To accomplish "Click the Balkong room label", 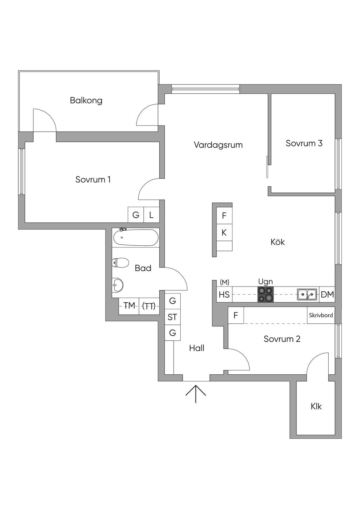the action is (x=86, y=101).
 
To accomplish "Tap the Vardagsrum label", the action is (x=218, y=145).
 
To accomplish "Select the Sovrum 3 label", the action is (x=304, y=143).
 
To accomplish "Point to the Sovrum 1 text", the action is (x=93, y=180).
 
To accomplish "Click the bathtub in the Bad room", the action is (x=135, y=238).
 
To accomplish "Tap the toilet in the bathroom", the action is (x=121, y=263).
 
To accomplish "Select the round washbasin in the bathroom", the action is (x=118, y=285).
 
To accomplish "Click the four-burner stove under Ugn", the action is (x=265, y=294).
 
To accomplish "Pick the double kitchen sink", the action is (x=307, y=295).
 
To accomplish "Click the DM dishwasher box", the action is (x=327, y=295).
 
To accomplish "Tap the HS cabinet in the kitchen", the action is (x=224, y=295).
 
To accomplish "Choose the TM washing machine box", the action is (x=129, y=306).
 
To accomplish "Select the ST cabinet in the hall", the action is (x=173, y=317).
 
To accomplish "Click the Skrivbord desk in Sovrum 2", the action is (x=321, y=315).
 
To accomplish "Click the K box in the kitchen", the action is (x=224, y=232).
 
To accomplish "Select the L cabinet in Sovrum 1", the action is (x=152, y=215).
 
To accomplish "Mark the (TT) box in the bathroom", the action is (x=149, y=306).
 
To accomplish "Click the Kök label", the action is (x=277, y=242).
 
